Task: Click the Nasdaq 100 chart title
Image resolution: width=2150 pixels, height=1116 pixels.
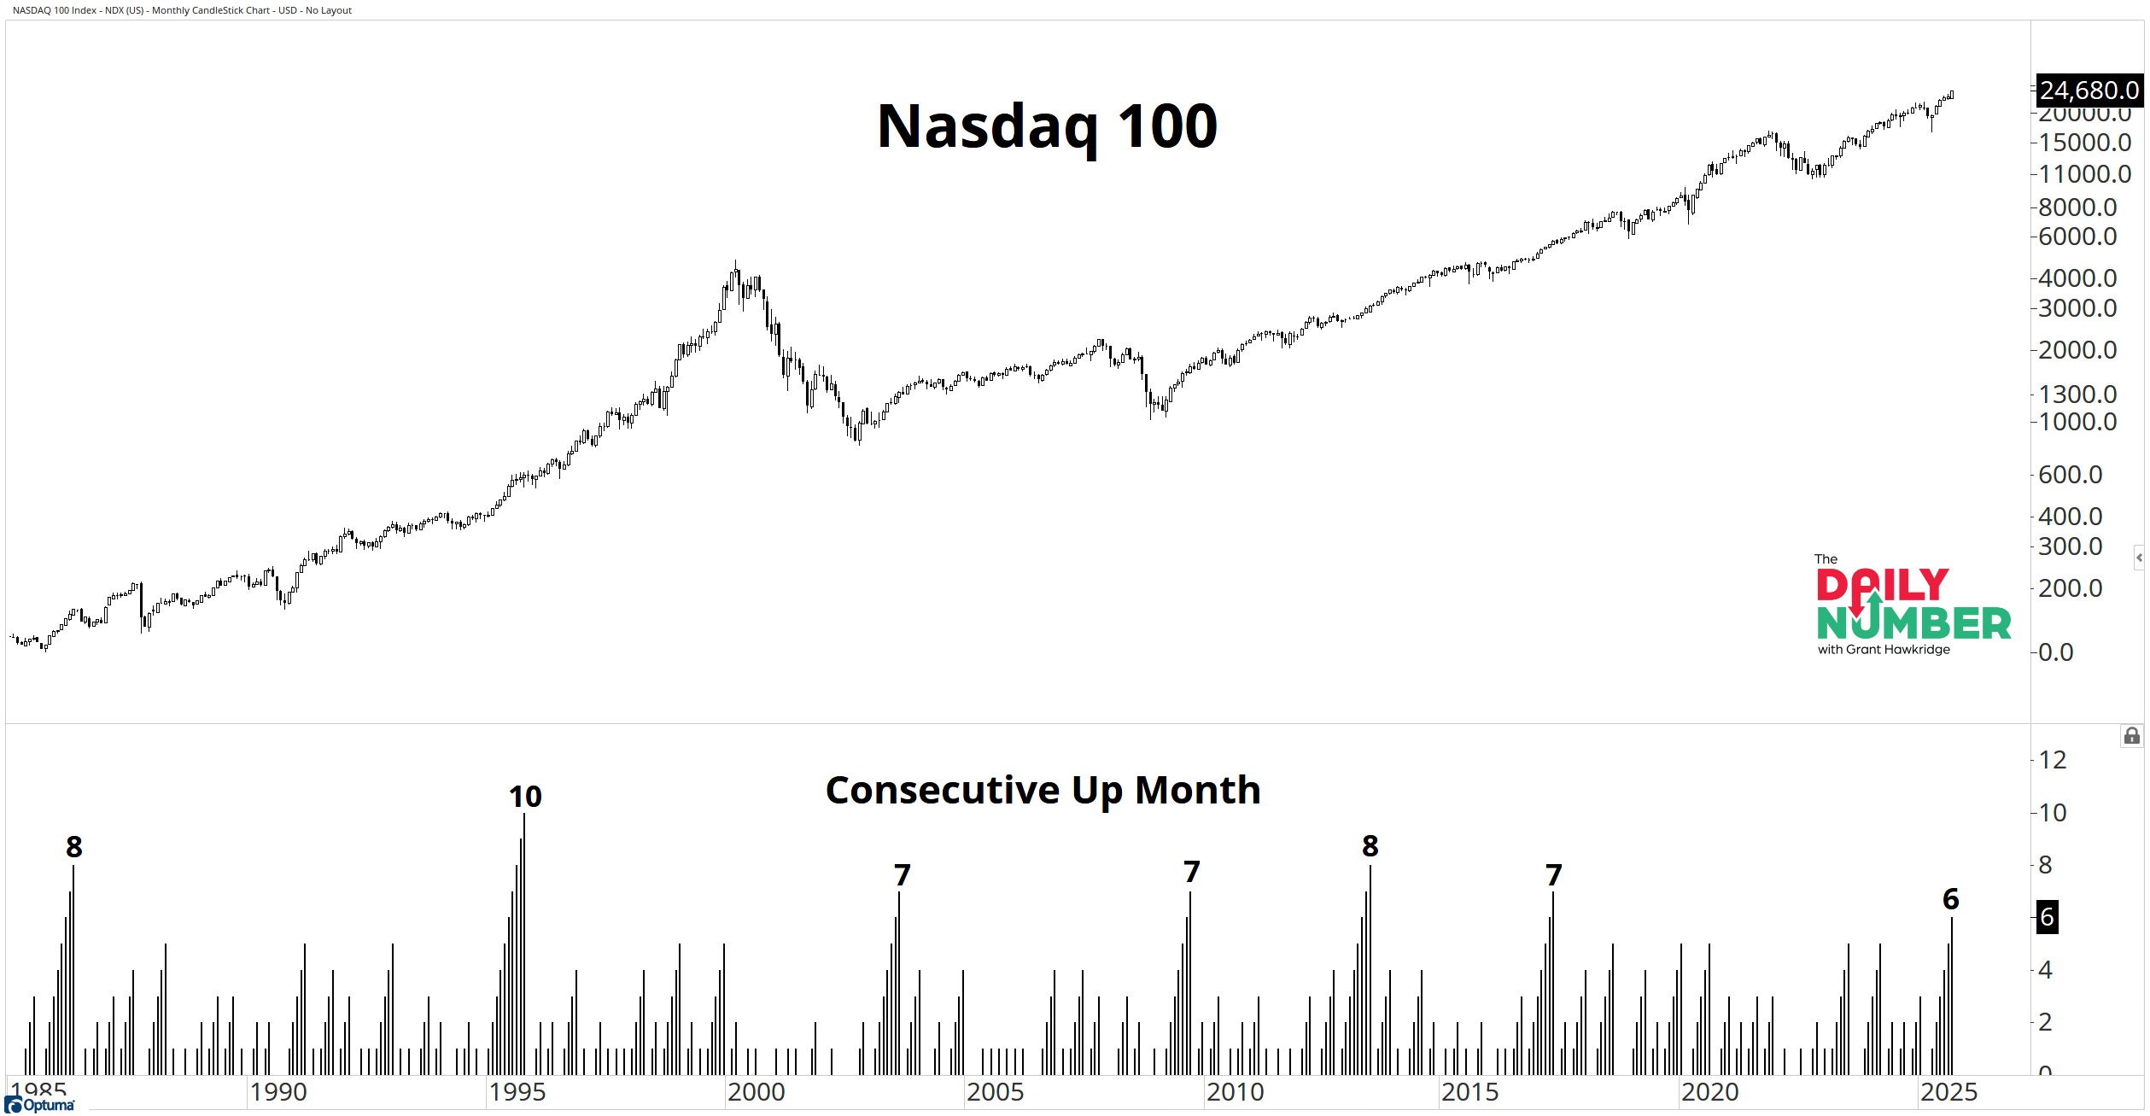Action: [x=1047, y=126]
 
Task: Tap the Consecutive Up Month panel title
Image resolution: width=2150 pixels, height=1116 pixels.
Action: [x=1043, y=790]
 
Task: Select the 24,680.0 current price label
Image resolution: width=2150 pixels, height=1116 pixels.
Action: [x=2089, y=91]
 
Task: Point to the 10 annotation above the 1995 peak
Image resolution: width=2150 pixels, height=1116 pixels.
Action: [x=525, y=797]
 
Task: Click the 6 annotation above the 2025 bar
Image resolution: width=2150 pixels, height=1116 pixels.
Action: [x=1950, y=899]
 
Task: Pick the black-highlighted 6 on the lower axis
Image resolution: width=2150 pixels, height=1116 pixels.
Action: [x=2047, y=918]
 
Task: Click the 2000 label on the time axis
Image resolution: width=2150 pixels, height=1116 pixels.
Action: [x=756, y=1092]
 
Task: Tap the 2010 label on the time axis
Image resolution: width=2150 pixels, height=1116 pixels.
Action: [x=1235, y=1092]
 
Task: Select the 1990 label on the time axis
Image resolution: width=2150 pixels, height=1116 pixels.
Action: [x=278, y=1092]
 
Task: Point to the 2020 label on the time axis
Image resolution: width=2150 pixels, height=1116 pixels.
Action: [x=1709, y=1092]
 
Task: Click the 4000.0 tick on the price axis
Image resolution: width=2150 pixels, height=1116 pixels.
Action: [x=2077, y=278]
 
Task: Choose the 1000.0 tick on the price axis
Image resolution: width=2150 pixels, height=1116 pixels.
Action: [x=2077, y=422]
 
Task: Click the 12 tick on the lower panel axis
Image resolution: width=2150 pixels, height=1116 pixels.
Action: [x=2053, y=760]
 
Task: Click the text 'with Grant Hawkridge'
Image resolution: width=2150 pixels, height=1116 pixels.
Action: [x=1884, y=650]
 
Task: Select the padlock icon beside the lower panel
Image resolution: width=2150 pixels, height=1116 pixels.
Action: [x=2131, y=736]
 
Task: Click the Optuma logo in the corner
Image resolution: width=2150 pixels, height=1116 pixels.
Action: [x=40, y=1106]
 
